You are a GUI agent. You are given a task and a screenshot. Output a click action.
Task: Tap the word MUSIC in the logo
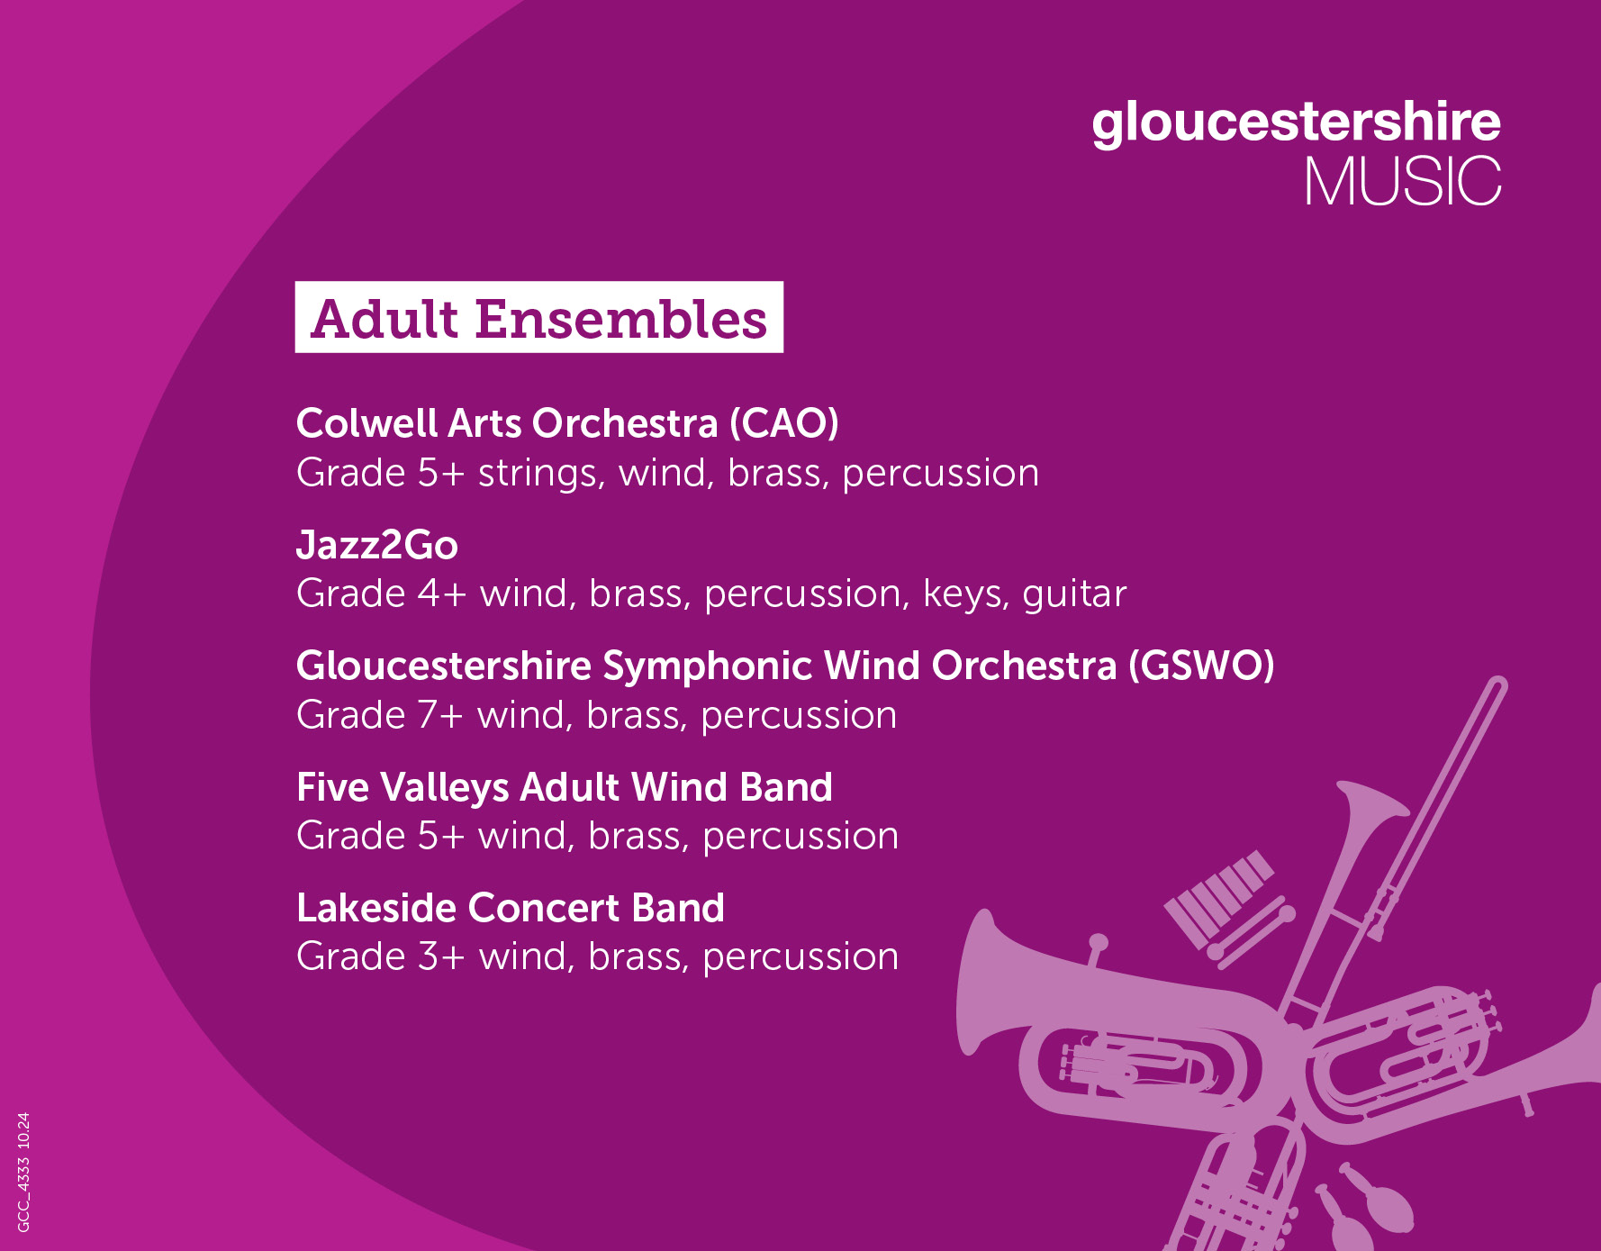coord(1403,182)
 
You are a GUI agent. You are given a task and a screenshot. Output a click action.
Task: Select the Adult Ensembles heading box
coord(539,317)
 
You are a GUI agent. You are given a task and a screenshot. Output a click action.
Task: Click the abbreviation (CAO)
coord(784,423)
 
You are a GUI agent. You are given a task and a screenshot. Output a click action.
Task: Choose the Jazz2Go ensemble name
coord(377,545)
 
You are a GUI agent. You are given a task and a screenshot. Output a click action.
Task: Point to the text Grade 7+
coord(380,715)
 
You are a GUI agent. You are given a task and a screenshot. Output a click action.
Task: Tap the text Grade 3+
coord(381,956)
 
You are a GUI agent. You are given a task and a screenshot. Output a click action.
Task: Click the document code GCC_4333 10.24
coord(23,1172)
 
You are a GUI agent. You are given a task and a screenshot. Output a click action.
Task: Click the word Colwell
coord(366,423)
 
